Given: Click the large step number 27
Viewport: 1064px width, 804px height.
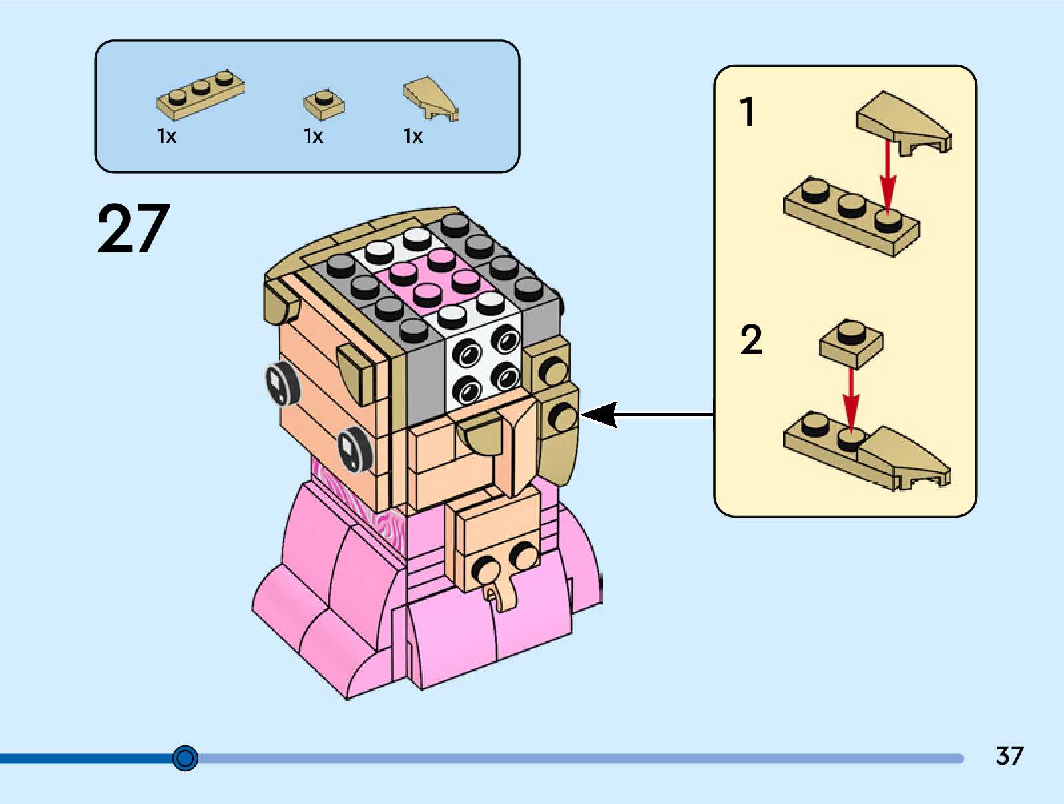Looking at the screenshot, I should click(x=134, y=229).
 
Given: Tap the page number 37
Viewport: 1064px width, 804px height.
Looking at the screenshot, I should click(x=1009, y=756).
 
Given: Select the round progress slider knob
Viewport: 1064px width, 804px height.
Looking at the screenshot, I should click(x=185, y=758).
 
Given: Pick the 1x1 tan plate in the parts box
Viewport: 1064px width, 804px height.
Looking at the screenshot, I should click(x=324, y=104).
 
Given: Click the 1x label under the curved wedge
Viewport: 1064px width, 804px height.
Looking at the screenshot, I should click(x=413, y=137).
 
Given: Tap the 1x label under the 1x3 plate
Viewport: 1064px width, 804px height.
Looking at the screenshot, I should click(x=166, y=137).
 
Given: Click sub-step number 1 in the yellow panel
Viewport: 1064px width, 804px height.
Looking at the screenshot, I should click(x=748, y=112).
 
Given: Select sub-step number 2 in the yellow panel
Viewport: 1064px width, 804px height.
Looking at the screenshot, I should click(x=751, y=340).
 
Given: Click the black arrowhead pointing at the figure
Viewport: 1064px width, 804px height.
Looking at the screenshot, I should click(x=599, y=414).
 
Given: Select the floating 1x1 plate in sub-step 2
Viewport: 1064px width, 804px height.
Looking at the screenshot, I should click(x=851, y=342).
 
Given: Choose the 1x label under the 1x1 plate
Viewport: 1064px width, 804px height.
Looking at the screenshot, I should click(x=313, y=137).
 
